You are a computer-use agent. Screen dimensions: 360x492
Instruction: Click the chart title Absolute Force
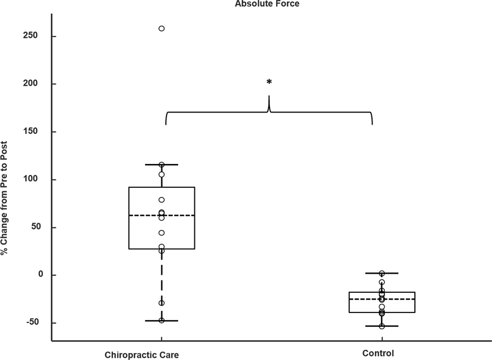(267, 3)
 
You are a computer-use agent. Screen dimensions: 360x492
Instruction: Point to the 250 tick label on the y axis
(30, 36)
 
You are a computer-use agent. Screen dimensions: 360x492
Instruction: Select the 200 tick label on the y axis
(30, 84)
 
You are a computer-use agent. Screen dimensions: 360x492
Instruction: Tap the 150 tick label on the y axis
(30, 132)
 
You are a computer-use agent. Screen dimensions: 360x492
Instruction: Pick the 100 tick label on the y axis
(30, 180)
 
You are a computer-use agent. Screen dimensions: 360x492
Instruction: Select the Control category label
(378, 353)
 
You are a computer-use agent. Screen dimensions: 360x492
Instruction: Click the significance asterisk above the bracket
(269, 82)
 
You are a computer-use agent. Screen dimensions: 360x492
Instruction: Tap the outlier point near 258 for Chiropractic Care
(162, 28)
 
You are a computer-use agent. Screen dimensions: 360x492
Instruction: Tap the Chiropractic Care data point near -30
(162, 303)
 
